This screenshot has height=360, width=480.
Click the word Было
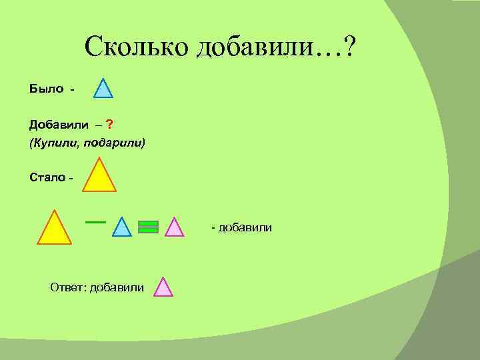pyautogui.click(x=46, y=89)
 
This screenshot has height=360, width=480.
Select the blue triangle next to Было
pyautogui.click(x=103, y=89)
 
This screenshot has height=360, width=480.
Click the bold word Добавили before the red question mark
pyautogui.click(x=57, y=125)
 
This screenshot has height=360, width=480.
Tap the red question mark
pyautogui.click(x=108, y=125)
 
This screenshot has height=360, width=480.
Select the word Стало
pyautogui.click(x=47, y=177)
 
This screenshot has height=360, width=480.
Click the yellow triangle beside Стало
pyautogui.click(x=99, y=177)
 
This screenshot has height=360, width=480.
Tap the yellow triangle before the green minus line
pyautogui.click(x=54, y=229)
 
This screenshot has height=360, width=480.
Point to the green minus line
pyautogui.click(x=96, y=221)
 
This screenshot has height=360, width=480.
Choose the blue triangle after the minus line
pyautogui.click(x=122, y=228)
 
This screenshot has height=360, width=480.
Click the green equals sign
pyautogui.click(x=148, y=227)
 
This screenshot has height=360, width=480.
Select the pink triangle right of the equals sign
pyautogui.click(x=173, y=228)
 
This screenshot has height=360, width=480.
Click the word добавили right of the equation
pyautogui.click(x=245, y=229)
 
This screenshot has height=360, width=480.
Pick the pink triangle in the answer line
pyautogui.click(x=163, y=288)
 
